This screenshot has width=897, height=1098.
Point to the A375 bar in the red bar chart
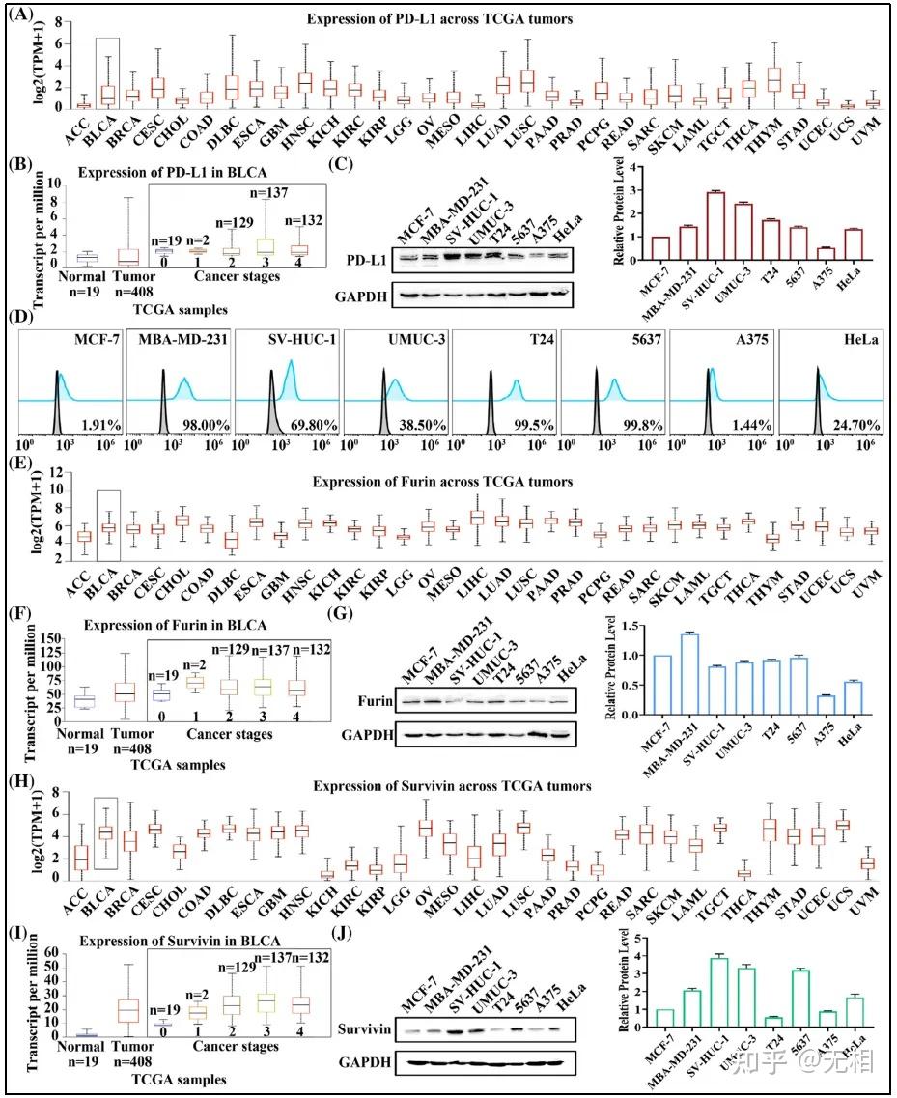tap(826, 254)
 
